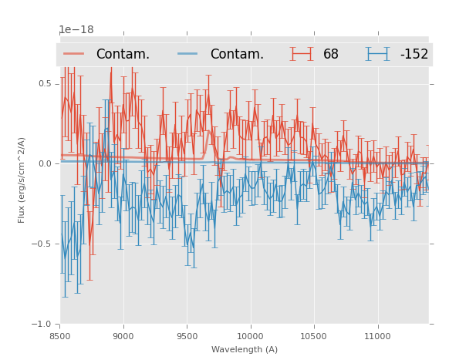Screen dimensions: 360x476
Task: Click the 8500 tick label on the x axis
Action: pos(59,336)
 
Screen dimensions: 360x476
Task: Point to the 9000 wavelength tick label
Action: pos(123,336)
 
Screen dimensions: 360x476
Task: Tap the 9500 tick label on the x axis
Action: pos(187,336)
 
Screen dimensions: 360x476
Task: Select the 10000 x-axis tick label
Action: pos(250,336)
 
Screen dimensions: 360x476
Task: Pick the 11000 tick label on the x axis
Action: pos(377,336)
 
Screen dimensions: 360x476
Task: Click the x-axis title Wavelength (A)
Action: pos(245,349)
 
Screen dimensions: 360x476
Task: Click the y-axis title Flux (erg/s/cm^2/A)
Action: pos(22,180)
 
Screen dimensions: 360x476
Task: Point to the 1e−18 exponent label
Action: pos(76,30)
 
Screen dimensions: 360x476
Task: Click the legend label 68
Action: pos(331,54)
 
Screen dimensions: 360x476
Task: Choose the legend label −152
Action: pos(414,54)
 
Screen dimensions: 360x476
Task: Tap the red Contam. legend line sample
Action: pos(74,54)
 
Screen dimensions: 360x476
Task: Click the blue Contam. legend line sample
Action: pos(188,54)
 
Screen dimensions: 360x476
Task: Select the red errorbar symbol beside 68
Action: pos(302,54)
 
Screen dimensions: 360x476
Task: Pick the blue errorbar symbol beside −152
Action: pos(377,54)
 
